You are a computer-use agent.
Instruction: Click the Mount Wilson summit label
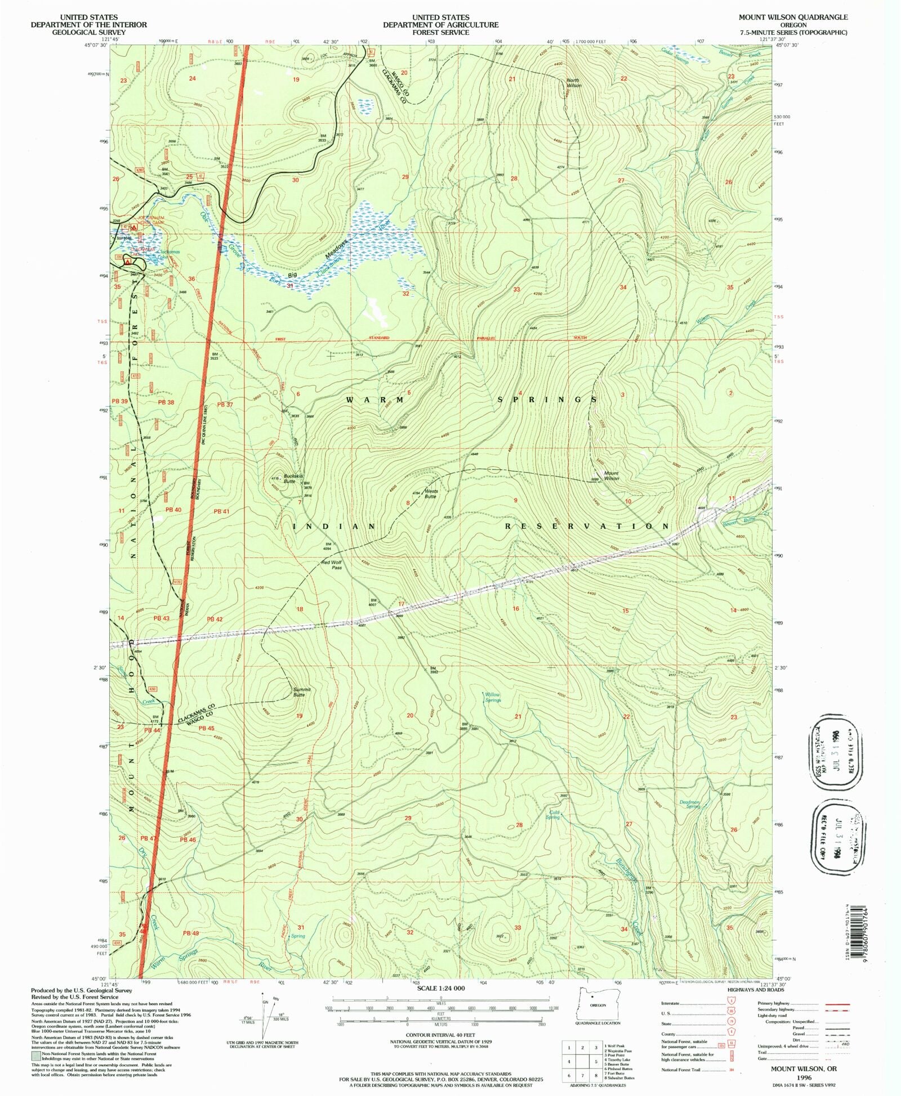point(611,475)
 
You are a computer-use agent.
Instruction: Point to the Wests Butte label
point(430,493)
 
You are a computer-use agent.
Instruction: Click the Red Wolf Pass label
point(332,565)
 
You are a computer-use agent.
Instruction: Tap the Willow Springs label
point(493,697)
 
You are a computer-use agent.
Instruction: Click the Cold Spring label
point(554,814)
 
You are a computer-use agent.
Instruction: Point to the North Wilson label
point(572,83)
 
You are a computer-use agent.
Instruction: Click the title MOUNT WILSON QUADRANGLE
point(793,17)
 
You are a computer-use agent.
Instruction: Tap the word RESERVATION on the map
point(587,526)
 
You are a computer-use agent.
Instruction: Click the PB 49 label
point(191,933)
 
